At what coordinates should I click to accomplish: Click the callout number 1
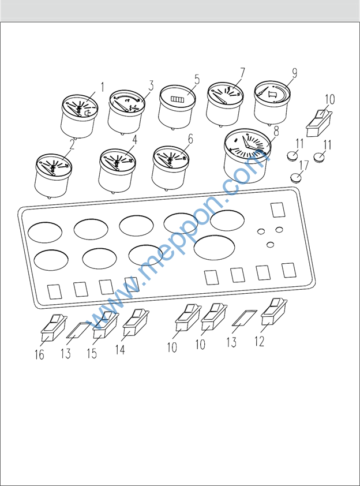[x=103, y=87]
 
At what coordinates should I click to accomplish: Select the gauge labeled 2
[x=53, y=175]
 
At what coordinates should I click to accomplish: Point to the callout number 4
[x=134, y=140]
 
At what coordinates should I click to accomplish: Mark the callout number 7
[x=242, y=73]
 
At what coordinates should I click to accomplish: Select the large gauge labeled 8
[x=247, y=155]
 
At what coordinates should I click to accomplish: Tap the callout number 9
[x=294, y=73]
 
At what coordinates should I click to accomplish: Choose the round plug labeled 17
[x=296, y=178]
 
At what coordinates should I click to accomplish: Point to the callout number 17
[x=304, y=165]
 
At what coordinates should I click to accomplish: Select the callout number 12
[x=259, y=341]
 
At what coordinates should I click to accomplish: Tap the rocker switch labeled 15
[x=106, y=325]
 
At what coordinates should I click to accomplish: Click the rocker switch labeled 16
[x=54, y=328]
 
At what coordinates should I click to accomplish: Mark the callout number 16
[x=39, y=355]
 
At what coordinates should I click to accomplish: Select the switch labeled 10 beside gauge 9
[x=319, y=124]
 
